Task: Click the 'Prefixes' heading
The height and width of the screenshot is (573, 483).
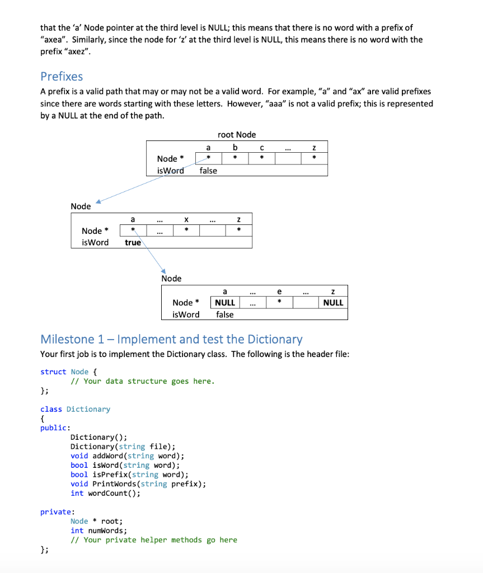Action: (x=62, y=76)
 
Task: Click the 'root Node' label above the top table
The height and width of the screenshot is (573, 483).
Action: (x=236, y=134)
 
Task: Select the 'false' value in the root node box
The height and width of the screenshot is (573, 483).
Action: (x=208, y=171)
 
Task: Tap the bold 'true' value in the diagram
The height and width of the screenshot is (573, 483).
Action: (x=133, y=242)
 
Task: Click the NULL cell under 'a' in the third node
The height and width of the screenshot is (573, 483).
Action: (x=225, y=303)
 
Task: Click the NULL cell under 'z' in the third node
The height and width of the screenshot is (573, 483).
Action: (x=333, y=303)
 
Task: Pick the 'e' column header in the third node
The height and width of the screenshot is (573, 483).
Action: (x=279, y=291)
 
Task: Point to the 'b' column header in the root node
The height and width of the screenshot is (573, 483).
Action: (x=236, y=147)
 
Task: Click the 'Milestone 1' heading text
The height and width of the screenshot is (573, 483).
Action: (x=171, y=339)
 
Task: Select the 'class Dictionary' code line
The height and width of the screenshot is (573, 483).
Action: (x=75, y=409)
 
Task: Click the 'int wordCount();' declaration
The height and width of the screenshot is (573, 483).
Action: (x=105, y=493)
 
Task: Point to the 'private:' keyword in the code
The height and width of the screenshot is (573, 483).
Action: (x=56, y=511)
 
